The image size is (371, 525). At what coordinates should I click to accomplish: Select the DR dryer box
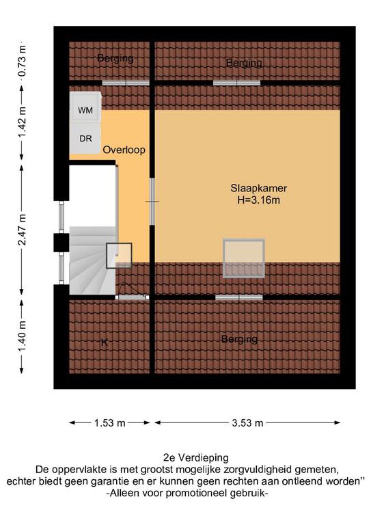point(85,139)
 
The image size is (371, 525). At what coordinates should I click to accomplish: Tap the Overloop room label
point(124,150)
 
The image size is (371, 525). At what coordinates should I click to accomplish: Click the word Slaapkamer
point(258,188)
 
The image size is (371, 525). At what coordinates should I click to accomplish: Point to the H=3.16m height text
point(258,200)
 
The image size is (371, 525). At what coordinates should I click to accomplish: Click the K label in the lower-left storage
point(105,342)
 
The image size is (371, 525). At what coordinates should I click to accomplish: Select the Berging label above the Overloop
point(115,58)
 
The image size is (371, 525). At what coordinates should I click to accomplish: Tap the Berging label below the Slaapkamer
point(240,339)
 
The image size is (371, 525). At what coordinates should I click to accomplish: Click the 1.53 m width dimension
point(109,423)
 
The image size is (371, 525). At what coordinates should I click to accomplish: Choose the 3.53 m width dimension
point(247,423)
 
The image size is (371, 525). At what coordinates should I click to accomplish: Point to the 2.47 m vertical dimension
point(22,230)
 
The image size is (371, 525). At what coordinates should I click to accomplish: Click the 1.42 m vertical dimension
point(22,122)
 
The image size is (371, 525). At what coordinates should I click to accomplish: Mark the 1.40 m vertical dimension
point(22,336)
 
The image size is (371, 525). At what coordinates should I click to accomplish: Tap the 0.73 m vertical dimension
point(22,61)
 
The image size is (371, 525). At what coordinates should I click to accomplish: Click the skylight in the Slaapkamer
point(244,258)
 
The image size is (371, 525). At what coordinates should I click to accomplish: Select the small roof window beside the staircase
point(119,256)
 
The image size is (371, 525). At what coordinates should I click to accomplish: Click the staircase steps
point(93,260)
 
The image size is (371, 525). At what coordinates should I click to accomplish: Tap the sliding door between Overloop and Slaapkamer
point(152,201)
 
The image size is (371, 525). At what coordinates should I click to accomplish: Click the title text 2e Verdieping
point(196,457)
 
